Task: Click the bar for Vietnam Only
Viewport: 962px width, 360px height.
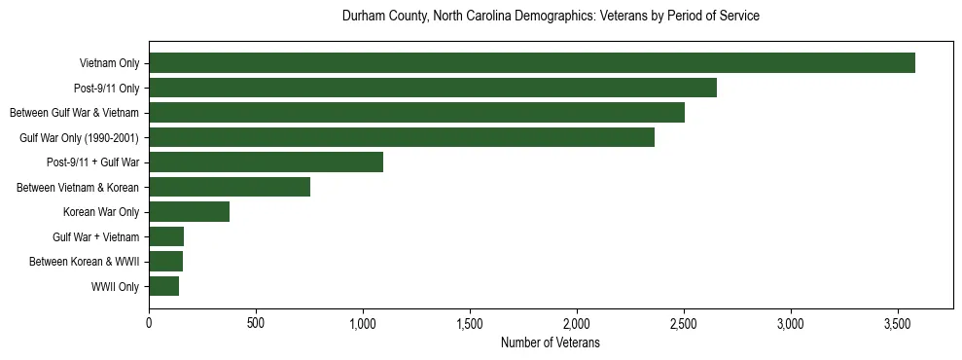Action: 532,63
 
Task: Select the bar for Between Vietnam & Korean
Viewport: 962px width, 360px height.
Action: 230,187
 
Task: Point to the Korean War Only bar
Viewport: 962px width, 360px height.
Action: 189,212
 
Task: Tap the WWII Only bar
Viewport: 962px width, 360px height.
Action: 163,286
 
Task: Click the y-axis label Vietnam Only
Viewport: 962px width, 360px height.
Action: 109,63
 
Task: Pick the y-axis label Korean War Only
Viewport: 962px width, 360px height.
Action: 101,212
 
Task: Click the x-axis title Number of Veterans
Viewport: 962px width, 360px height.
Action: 550,343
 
